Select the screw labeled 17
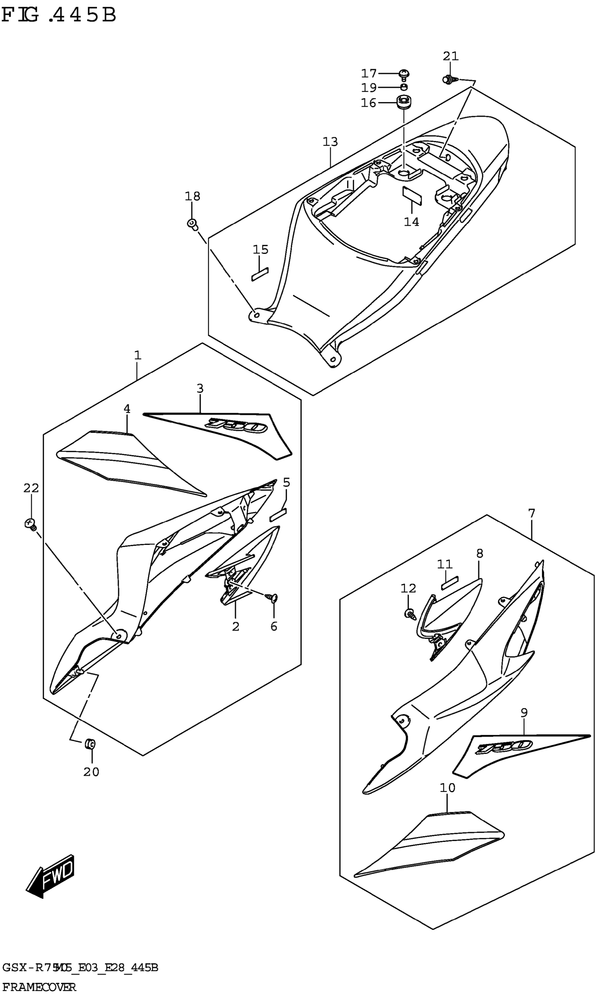point(404,74)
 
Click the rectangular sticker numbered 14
point(412,195)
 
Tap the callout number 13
point(330,141)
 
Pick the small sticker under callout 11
point(449,583)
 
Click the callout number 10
point(447,788)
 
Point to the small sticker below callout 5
point(278,514)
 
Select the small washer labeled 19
point(404,87)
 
